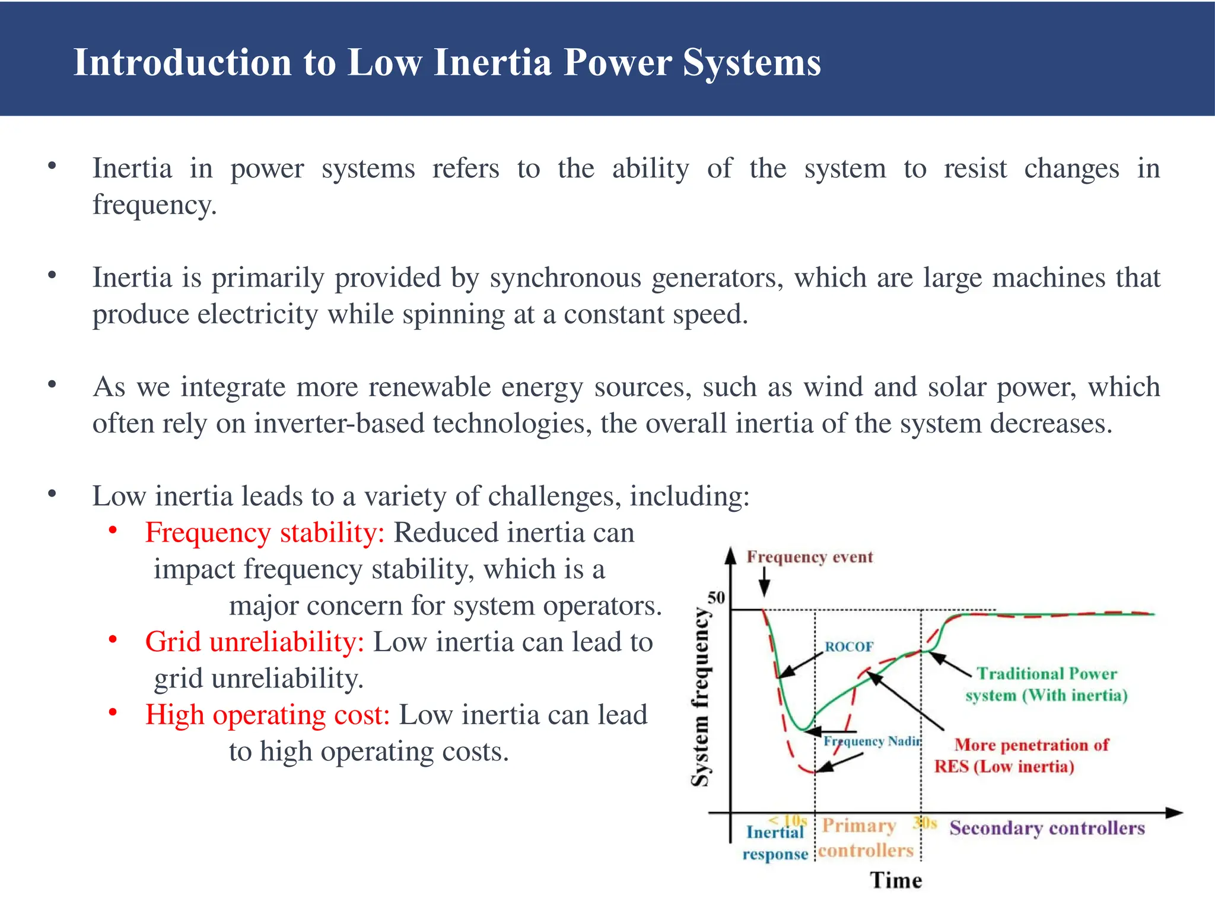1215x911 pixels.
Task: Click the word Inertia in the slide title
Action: point(492,62)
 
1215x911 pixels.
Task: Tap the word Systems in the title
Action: point(752,62)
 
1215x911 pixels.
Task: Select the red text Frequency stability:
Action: point(265,533)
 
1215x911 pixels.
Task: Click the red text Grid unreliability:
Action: point(255,642)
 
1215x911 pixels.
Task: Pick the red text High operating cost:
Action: point(268,715)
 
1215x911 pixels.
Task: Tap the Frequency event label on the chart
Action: point(809,557)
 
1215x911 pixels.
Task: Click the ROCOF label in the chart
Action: point(849,646)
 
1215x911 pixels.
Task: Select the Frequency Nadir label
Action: point(872,741)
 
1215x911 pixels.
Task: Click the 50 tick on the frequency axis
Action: point(716,597)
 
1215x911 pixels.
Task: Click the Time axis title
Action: point(896,880)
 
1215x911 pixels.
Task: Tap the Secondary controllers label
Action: point(1047,828)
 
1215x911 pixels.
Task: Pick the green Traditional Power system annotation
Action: point(1047,684)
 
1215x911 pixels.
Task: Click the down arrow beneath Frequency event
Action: point(765,582)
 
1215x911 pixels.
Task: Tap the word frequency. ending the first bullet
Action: point(154,205)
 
